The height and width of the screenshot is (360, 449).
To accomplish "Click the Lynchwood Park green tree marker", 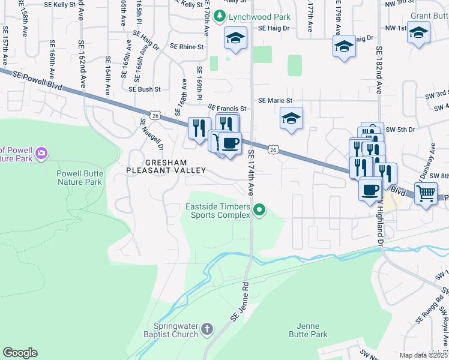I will coord(221,16).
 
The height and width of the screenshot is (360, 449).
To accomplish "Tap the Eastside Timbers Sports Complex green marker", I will coord(259,209).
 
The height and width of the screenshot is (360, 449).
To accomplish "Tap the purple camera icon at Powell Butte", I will coord(41,153).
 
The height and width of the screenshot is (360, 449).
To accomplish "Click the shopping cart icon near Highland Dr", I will coord(426,194).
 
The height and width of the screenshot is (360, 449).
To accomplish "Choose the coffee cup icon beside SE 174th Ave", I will coord(229,143).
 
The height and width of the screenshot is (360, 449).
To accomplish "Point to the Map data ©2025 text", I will coord(423,355).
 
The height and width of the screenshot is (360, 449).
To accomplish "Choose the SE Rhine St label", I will coord(187,46).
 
